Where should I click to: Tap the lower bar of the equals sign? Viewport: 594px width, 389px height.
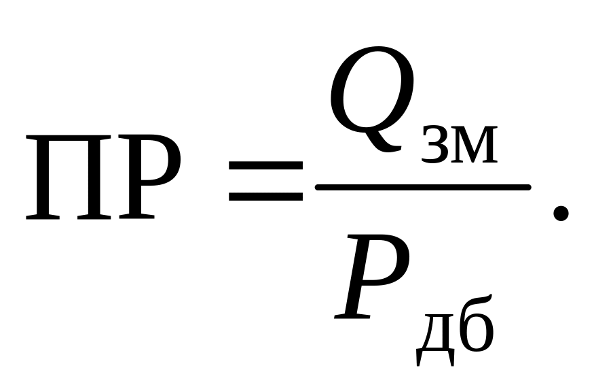coord(265,197)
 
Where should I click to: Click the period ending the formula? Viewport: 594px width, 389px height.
coord(560,214)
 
